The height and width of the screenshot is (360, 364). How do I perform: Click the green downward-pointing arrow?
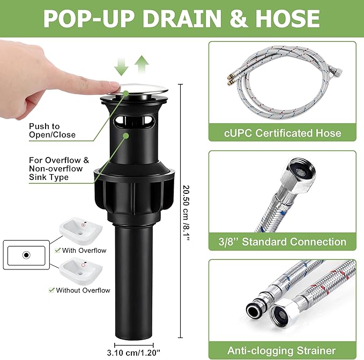point(121,66)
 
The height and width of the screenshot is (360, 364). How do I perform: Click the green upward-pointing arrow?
point(142,64)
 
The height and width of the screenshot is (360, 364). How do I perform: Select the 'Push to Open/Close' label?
point(52,131)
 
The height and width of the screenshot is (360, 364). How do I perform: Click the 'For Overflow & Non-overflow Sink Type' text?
point(59,169)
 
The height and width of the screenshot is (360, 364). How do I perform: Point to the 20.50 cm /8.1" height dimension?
point(186,213)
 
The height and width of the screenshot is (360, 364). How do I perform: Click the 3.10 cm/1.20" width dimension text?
point(133,353)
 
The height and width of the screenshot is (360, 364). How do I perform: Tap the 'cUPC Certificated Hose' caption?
point(283,133)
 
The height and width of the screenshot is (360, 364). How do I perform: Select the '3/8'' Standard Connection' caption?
point(283,242)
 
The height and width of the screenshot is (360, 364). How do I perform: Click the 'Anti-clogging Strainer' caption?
point(281,350)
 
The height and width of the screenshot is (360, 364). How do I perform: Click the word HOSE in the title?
point(288,19)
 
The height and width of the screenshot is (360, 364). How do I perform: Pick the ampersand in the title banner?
point(238,19)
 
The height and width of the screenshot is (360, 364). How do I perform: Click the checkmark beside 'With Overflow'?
point(57,250)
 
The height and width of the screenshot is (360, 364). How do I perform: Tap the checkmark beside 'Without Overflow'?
point(51,290)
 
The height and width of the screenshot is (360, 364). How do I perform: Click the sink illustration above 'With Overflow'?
point(81,230)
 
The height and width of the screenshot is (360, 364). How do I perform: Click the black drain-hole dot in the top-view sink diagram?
point(26,255)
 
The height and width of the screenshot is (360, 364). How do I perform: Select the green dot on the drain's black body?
point(126,136)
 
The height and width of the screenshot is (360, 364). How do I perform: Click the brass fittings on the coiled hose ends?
point(229,79)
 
